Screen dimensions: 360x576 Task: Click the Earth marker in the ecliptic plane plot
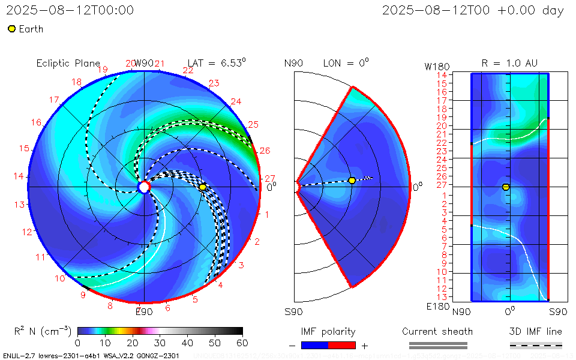click(203, 187)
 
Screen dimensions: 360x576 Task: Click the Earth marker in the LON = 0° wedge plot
click(352, 181)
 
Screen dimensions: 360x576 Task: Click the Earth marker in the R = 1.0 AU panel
click(506, 187)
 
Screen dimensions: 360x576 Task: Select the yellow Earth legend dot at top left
click(11, 29)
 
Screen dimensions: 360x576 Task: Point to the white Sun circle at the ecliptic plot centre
click(144, 187)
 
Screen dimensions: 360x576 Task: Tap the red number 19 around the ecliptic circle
click(102, 70)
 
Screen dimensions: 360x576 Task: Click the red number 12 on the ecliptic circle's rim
click(27, 232)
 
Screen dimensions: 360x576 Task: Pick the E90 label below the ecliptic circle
click(144, 311)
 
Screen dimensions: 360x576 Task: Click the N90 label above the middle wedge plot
click(293, 64)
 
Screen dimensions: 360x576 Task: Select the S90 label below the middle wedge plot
click(293, 311)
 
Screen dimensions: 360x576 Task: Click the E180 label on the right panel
click(436, 307)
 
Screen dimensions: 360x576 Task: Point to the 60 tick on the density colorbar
click(242, 343)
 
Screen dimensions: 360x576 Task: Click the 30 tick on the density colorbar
click(160, 343)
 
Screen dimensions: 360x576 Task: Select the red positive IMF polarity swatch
click(342, 345)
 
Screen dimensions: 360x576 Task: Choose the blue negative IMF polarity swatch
click(314, 345)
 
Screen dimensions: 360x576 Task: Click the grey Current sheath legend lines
click(437, 345)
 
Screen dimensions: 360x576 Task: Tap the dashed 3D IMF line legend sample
click(536, 345)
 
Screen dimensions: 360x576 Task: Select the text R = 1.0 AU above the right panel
click(509, 63)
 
